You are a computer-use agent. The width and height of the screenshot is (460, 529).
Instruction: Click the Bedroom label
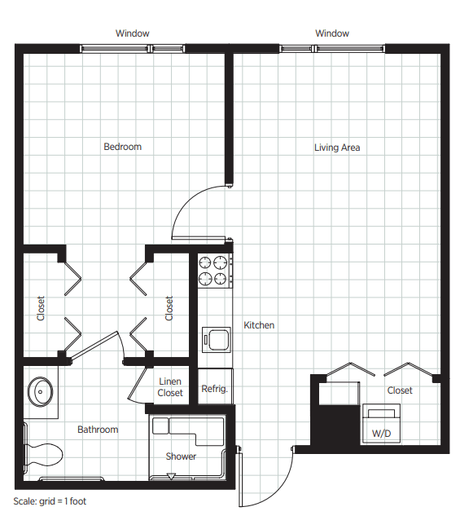[123, 147]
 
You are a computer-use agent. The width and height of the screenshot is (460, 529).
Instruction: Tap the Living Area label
[337, 148]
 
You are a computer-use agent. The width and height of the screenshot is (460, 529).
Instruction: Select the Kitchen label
[259, 325]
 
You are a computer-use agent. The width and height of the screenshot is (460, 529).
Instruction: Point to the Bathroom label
[98, 430]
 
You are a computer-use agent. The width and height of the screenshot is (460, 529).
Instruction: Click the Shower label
[181, 456]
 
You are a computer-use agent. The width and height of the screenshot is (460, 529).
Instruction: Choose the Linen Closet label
[170, 387]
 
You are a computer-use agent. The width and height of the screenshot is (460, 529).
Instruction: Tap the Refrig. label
[215, 389]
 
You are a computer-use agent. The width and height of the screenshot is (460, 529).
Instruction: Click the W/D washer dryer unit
[382, 423]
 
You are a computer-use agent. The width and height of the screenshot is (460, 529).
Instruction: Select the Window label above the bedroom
[133, 33]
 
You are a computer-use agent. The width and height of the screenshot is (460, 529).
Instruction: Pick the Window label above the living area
[332, 33]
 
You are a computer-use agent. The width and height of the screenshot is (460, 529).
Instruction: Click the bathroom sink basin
[40, 392]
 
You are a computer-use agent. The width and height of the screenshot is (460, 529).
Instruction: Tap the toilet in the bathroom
[43, 454]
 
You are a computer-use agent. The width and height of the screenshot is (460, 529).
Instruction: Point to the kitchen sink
[217, 340]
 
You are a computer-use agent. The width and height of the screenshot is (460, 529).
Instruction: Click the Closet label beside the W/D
[400, 390]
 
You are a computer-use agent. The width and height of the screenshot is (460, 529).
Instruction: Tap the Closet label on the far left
[41, 308]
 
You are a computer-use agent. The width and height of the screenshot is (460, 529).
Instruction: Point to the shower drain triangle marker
[171, 476]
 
